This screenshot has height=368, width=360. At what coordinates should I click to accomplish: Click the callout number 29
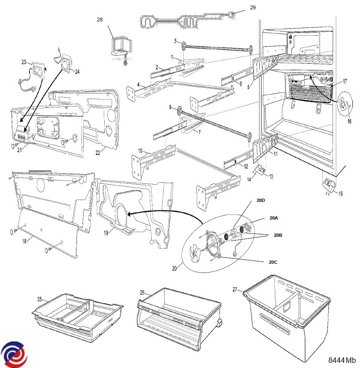point(253,7)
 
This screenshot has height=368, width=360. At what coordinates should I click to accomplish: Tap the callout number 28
point(100,20)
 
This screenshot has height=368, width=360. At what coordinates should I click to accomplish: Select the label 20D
point(260,201)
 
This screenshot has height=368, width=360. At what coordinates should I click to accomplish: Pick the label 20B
point(278,235)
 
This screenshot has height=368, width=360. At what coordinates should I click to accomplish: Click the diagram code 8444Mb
point(342,361)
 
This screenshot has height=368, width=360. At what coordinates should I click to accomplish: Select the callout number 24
point(77,72)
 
